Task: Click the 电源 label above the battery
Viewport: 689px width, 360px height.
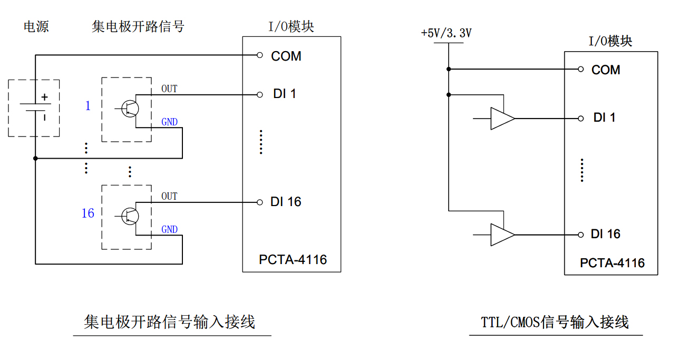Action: coord(36,26)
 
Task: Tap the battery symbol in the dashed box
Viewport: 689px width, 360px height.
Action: coord(35,108)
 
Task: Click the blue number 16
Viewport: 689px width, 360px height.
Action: coord(88,213)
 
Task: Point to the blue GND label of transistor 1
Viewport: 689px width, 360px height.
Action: coord(169,122)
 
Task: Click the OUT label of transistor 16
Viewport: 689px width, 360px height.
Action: coord(169,196)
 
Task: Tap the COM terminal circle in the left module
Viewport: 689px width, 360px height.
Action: coord(259,55)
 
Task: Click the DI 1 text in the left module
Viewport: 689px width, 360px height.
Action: coord(284,94)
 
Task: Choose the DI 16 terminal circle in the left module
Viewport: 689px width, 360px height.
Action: coord(259,202)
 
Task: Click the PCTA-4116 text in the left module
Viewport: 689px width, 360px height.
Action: coord(293,260)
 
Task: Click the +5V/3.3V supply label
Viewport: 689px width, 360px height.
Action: coord(446,33)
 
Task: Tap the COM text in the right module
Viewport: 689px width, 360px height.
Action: coord(606,70)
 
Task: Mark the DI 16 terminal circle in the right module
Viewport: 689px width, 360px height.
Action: coord(581,235)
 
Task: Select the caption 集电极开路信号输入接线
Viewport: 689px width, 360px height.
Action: coord(170,322)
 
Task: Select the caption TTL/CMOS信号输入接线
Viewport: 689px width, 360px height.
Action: coord(555,322)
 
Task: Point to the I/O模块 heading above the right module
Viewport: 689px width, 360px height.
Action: coord(610,41)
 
